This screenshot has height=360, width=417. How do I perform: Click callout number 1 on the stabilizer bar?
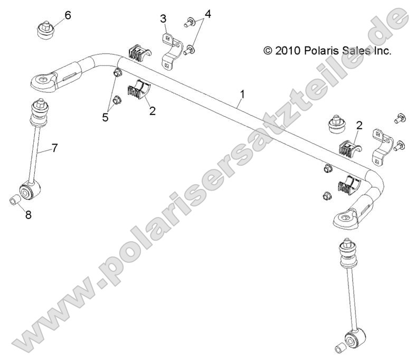pyautogui.click(x=242, y=94)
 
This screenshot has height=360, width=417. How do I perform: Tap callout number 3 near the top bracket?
pyautogui.click(x=164, y=18)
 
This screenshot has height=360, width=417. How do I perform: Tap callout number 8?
pyautogui.click(x=27, y=215)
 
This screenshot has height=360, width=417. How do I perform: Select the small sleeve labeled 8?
pyautogui.click(x=16, y=200)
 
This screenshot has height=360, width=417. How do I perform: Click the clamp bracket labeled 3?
pyautogui.click(x=171, y=50)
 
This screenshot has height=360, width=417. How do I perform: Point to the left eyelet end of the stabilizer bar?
pyautogui.click(x=42, y=80)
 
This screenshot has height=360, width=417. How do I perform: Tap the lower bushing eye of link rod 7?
pyautogui.click(x=27, y=190)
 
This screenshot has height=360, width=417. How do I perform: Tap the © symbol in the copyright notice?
pyautogui.click(x=268, y=51)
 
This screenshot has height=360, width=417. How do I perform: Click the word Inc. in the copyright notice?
pyautogui.click(x=379, y=51)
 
